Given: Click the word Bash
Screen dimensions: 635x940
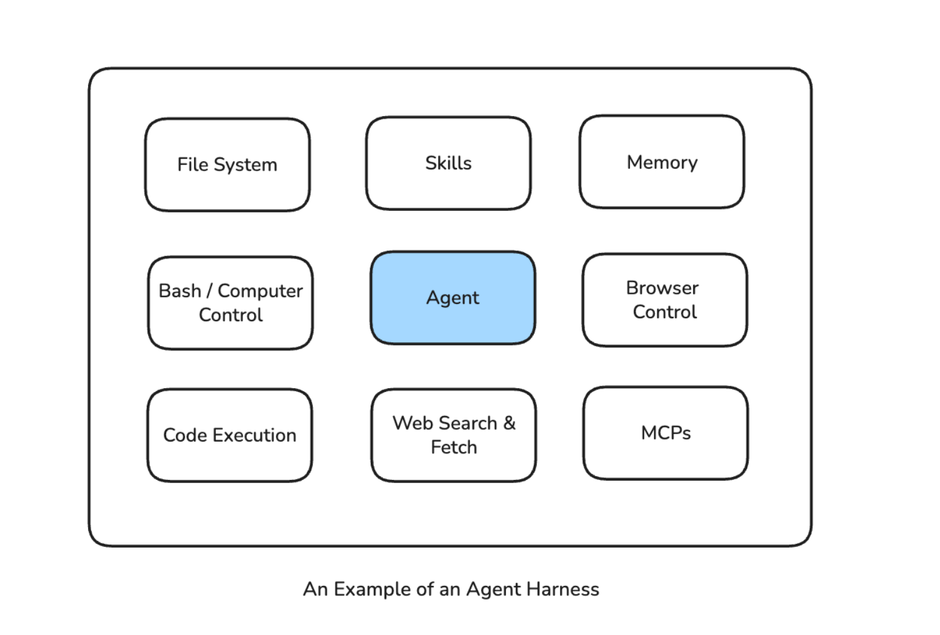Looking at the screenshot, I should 180,291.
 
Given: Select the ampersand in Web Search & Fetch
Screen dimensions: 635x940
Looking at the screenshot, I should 509,423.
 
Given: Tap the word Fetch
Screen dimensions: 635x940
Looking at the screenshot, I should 454,447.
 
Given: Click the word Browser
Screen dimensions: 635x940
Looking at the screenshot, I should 662,288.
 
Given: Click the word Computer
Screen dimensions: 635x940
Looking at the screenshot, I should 260,291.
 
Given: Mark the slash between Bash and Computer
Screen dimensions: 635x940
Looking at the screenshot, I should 210,291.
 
